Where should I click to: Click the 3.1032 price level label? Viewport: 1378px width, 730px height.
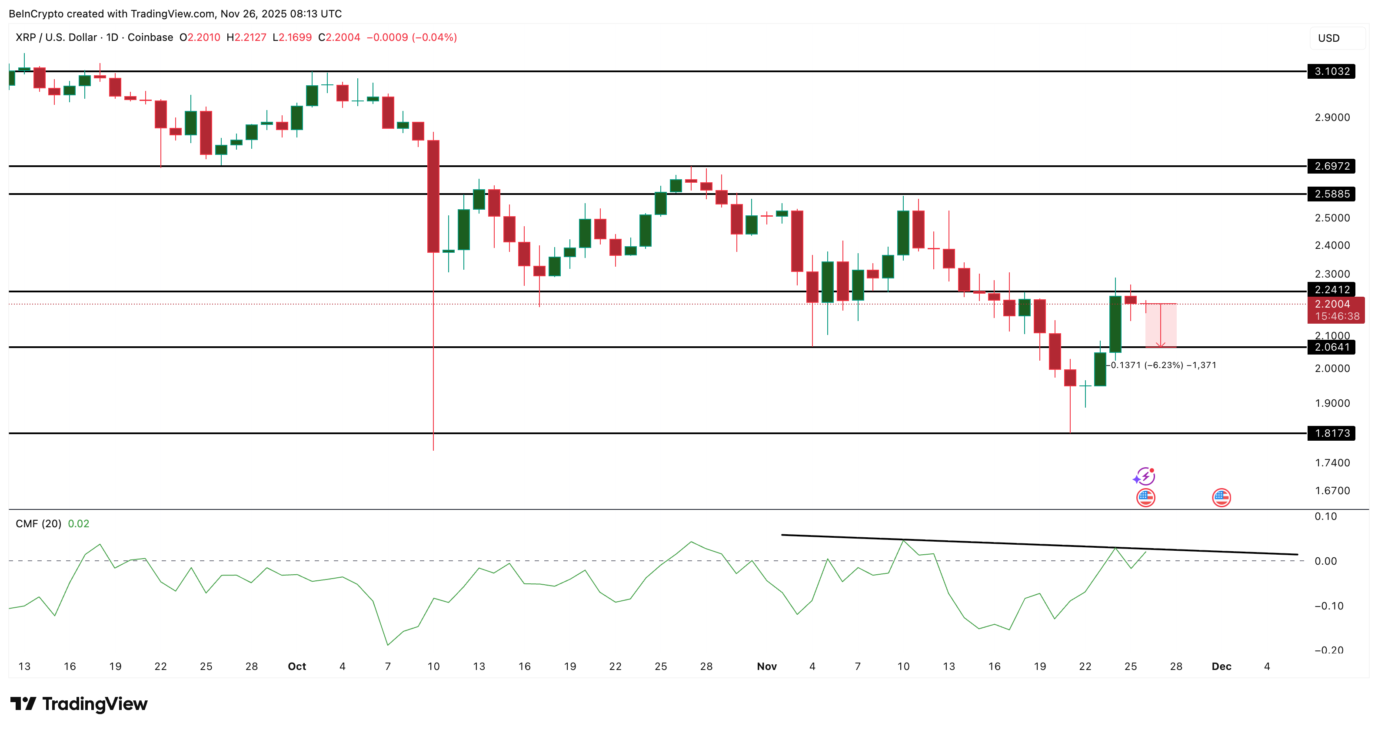tap(1331, 71)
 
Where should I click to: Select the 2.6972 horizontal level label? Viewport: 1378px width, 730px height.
tap(1331, 166)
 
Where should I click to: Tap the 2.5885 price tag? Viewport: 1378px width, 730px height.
tap(1331, 194)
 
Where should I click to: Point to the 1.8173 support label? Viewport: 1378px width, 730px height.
tap(1331, 433)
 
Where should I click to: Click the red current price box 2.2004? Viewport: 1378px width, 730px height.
tap(1335, 310)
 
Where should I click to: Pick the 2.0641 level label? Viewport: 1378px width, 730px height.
tap(1331, 347)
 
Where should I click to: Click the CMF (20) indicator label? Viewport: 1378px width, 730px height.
tap(39, 523)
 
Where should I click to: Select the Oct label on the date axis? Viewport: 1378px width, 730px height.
tap(297, 666)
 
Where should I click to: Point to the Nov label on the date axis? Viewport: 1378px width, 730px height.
tap(766, 666)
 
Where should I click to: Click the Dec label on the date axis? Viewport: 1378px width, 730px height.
tap(1221, 666)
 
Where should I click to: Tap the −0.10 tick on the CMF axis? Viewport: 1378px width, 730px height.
tap(1329, 606)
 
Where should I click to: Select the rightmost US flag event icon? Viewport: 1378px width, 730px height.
tap(1221, 497)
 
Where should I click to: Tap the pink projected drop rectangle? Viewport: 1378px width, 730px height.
tap(1160, 325)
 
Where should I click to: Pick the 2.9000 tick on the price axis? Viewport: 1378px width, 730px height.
tap(1332, 117)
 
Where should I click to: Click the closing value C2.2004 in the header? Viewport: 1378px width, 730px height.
tap(339, 37)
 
